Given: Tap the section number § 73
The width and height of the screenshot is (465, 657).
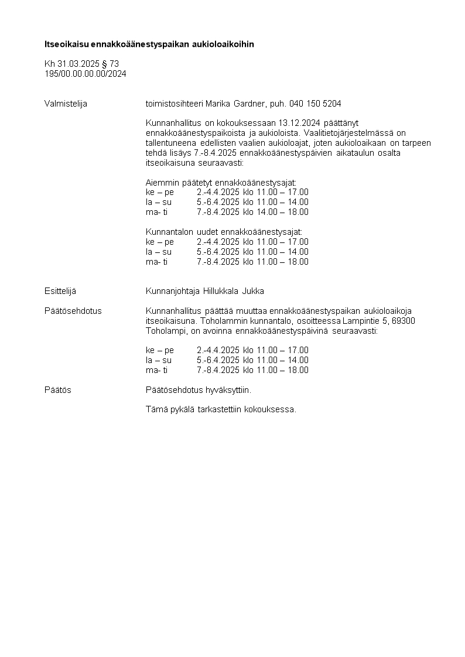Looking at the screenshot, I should (x=110, y=64).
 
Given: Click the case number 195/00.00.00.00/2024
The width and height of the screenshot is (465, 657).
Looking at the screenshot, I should (x=86, y=74).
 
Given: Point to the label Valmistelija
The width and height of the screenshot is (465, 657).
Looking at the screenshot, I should (x=66, y=104).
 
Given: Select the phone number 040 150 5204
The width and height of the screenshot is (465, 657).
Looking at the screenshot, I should (x=315, y=104).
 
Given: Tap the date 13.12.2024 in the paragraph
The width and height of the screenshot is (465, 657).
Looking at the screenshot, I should (x=299, y=123).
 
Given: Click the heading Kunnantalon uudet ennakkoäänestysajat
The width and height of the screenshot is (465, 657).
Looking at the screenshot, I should (x=224, y=232).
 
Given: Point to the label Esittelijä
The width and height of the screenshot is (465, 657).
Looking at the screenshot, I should (x=60, y=291).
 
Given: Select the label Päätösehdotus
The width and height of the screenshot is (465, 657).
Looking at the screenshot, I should (x=73, y=311).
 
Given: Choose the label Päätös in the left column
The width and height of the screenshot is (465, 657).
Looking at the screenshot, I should (x=58, y=390).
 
